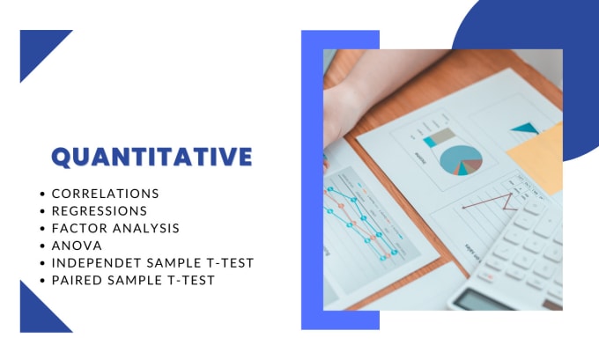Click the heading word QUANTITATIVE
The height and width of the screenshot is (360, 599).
pyautogui.click(x=152, y=157)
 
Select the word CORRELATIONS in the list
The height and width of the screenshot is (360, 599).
pyautogui.click(x=106, y=194)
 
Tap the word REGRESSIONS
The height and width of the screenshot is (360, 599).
pyautogui.click(x=100, y=210)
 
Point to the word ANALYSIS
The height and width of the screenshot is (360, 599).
pyautogui.click(x=146, y=228)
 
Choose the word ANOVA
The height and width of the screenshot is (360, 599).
pyautogui.click(x=77, y=246)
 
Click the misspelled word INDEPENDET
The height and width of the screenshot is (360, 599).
pyautogui.click(x=97, y=263)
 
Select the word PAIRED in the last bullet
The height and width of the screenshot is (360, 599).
pyautogui.click(x=78, y=280)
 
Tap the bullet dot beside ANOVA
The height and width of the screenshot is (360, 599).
pyautogui.click(x=42, y=246)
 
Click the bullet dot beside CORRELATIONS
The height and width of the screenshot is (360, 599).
pyautogui.click(x=42, y=194)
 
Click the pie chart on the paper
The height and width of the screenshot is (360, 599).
pyautogui.click(x=461, y=160)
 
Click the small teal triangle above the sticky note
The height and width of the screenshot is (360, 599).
pyautogui.click(x=526, y=128)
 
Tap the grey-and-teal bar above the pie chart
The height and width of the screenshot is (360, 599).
pyautogui.click(x=440, y=138)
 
